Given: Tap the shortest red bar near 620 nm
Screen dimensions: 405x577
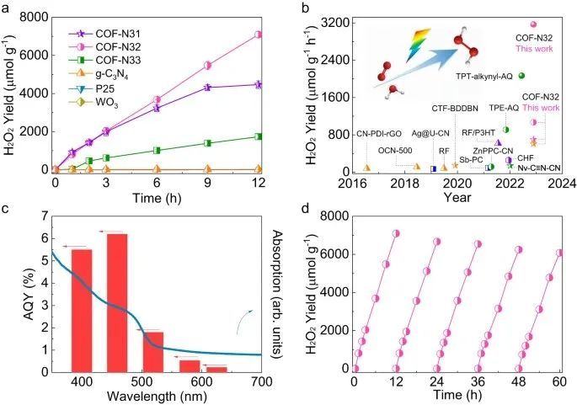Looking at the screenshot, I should click(216, 368).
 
